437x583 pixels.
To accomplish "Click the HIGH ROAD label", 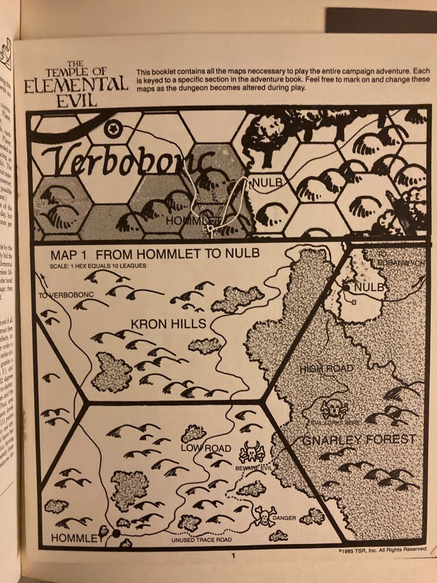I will tap(326, 369).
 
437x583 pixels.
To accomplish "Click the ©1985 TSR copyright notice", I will tap(382, 549).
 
